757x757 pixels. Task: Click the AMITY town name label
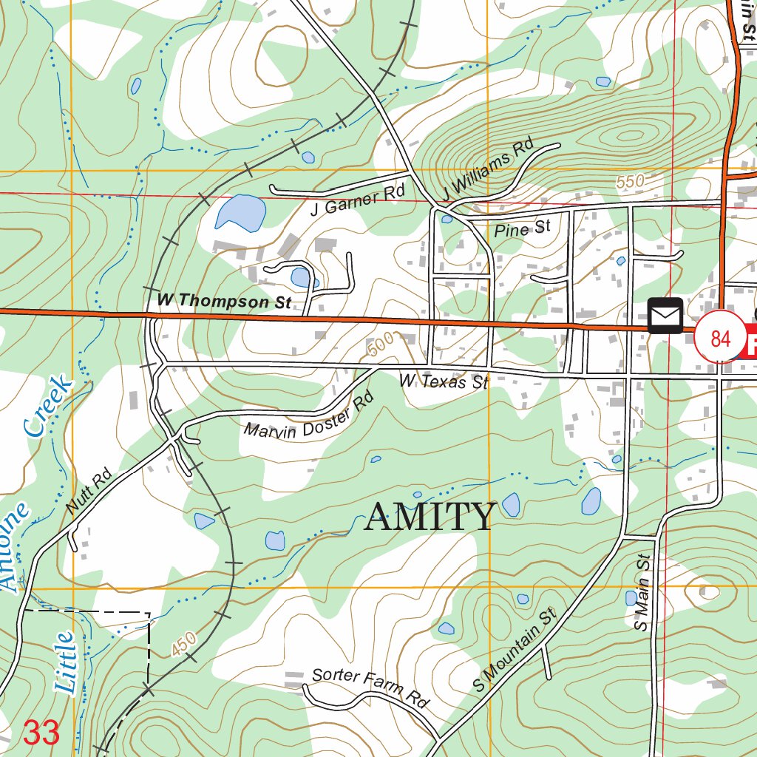click(430, 517)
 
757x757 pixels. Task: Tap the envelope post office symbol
click(665, 316)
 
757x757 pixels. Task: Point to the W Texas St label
click(444, 381)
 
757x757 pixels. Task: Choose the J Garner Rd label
click(358, 200)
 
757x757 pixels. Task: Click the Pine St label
click(522, 229)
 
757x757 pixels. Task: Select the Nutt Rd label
click(88, 491)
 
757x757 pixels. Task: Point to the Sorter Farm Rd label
click(370, 687)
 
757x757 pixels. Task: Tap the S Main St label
click(642, 592)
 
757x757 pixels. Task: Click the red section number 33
click(41, 733)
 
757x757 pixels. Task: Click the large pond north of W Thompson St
click(241, 213)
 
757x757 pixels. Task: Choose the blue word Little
click(65, 662)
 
